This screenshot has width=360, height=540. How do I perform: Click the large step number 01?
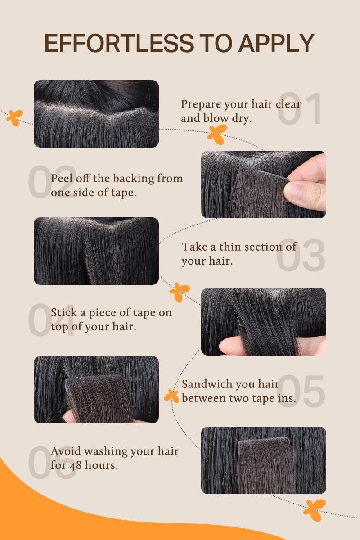[x=300, y=109]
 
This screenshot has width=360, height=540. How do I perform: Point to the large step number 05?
[x=301, y=391]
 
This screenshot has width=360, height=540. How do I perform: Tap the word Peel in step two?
[x=60, y=178]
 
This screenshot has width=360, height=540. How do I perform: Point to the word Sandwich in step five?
[x=208, y=384]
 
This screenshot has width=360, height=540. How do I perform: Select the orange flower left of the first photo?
[x=15, y=117]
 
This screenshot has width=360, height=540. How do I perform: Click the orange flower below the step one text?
[x=217, y=135]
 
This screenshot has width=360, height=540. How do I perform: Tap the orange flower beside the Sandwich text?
[x=171, y=396]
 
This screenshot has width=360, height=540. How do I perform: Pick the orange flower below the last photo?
[x=315, y=509]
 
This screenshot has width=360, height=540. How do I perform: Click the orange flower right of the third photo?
[x=180, y=292]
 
